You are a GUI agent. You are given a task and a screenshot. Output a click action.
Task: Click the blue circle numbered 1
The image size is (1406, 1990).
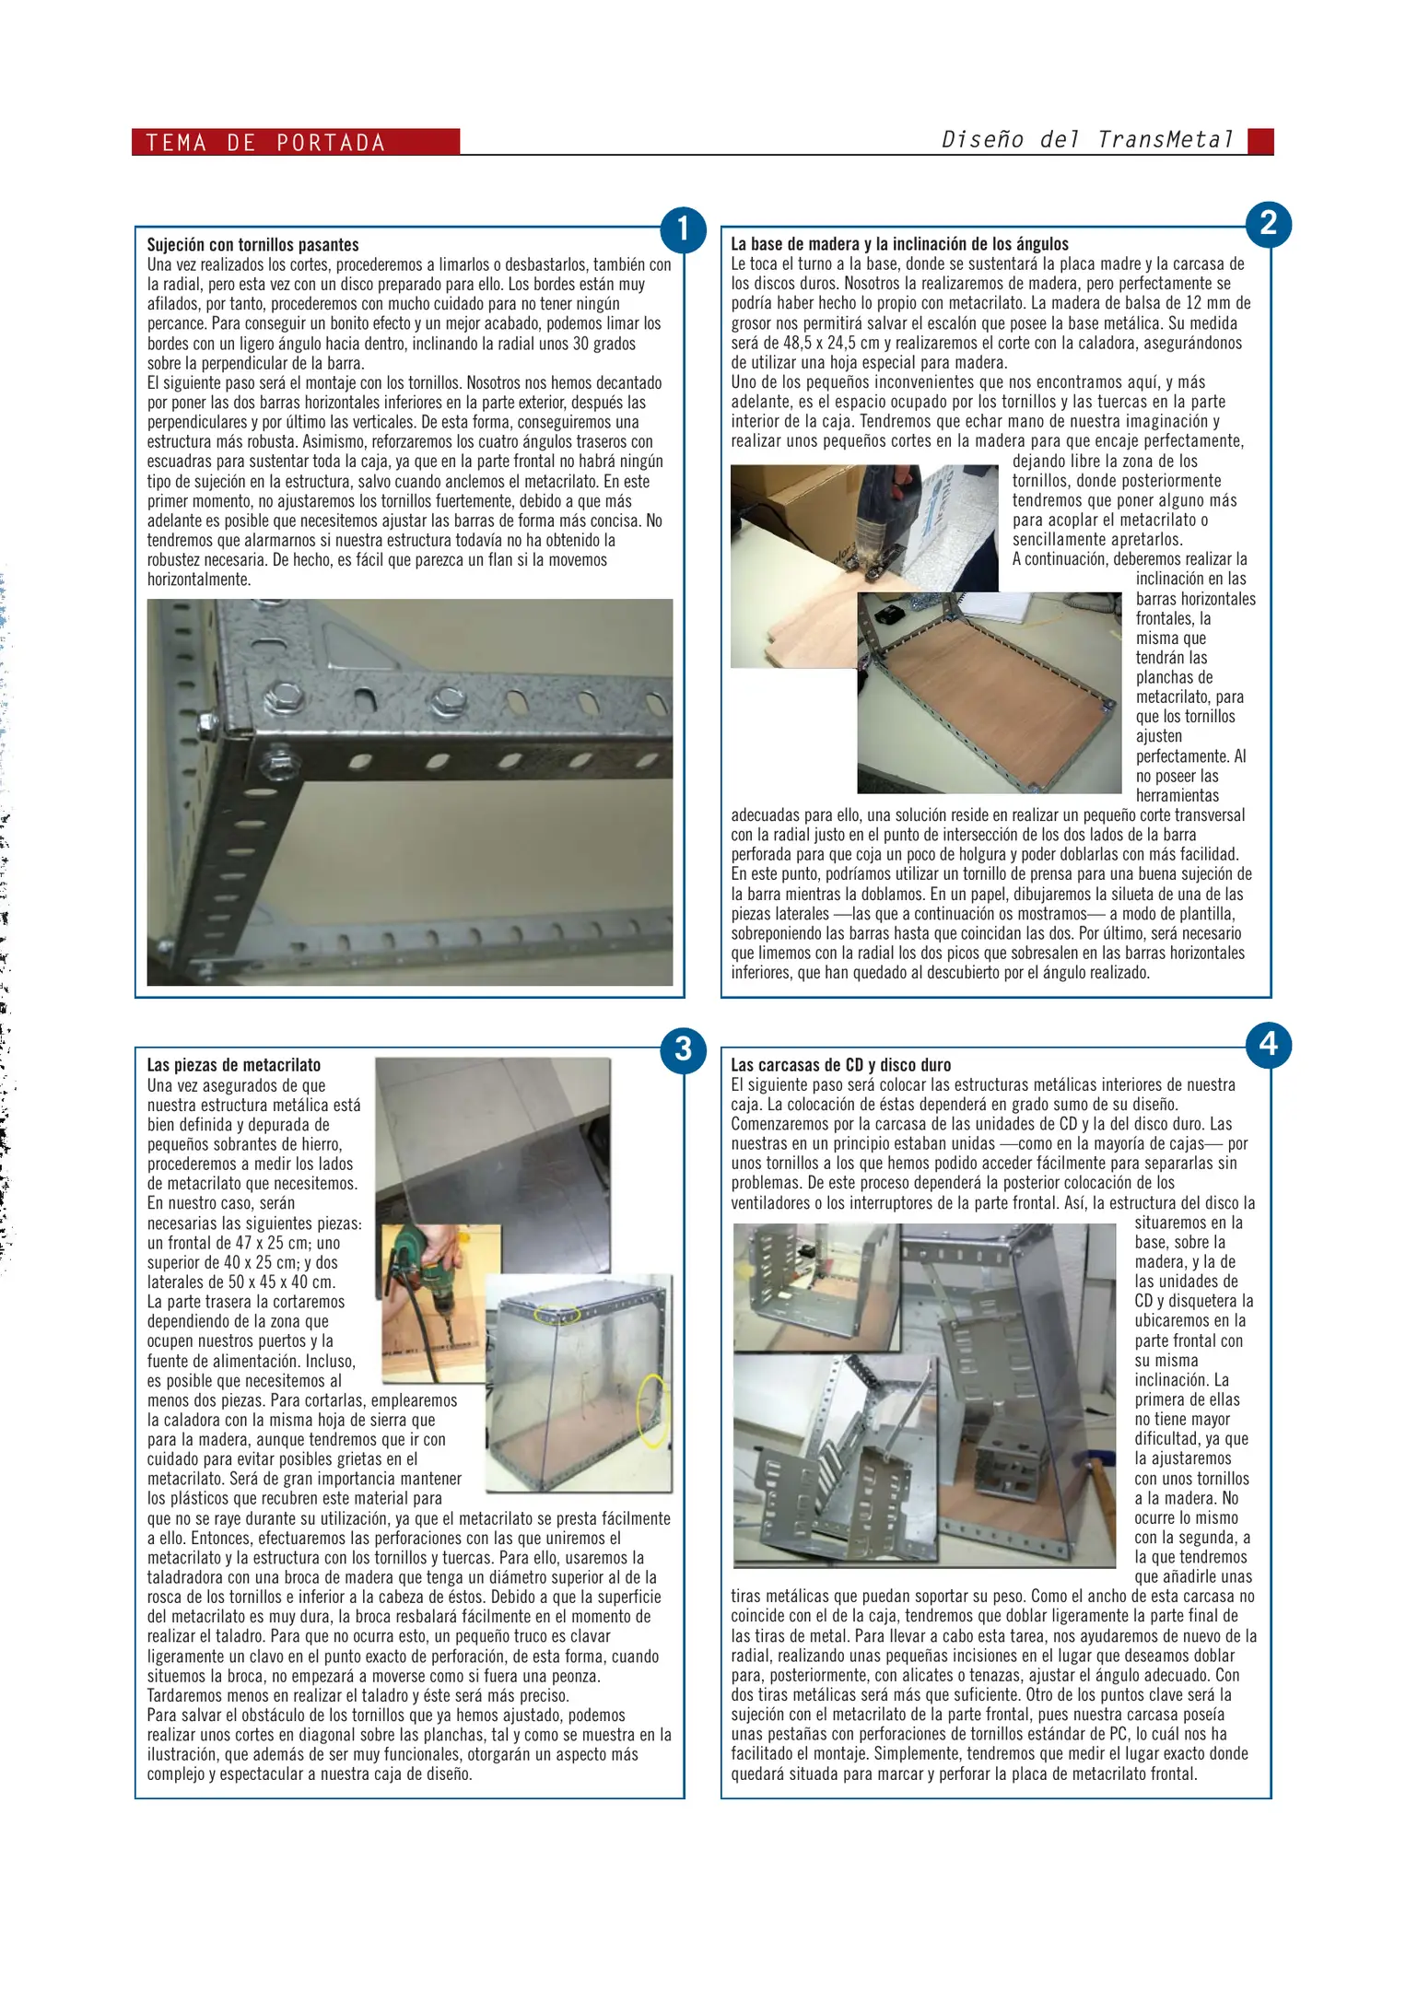click(683, 229)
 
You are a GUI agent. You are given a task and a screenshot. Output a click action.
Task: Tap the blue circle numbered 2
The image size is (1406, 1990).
click(1268, 224)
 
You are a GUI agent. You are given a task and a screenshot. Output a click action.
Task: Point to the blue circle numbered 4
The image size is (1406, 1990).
click(1268, 1045)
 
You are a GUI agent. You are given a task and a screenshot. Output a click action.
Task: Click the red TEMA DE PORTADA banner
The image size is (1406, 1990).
click(295, 142)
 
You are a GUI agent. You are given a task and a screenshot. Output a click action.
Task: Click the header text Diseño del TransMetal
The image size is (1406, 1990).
click(1087, 140)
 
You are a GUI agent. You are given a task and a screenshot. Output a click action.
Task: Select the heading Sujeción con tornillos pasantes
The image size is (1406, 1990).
click(252, 245)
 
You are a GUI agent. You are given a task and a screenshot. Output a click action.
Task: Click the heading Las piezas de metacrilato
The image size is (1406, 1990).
click(234, 1065)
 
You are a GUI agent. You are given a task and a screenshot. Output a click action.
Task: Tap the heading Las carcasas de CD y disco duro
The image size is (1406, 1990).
click(840, 1065)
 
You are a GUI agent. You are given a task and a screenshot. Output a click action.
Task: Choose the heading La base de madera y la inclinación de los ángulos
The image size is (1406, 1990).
click(899, 244)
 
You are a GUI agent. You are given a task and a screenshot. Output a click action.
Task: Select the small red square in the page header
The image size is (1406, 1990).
click(1260, 141)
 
